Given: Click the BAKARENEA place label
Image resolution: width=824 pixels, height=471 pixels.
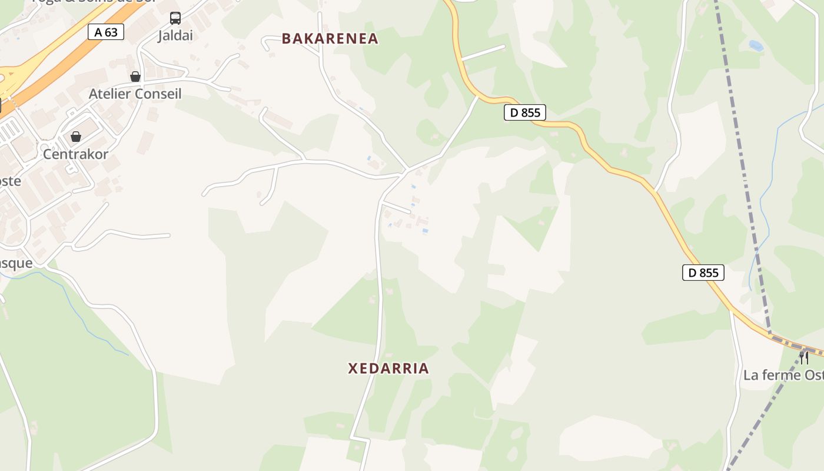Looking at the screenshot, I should [330, 39].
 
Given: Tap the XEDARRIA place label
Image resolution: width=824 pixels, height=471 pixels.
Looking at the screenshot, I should [388, 369].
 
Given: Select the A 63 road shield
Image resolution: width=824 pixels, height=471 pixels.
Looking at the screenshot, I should [106, 32].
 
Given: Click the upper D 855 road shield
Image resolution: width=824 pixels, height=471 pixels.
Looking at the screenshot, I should [525, 112].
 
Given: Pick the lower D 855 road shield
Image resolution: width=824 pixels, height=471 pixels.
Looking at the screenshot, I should [703, 273].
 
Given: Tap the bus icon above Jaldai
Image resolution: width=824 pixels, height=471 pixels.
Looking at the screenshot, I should [175, 18].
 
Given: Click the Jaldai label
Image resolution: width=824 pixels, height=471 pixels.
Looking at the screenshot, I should [175, 36].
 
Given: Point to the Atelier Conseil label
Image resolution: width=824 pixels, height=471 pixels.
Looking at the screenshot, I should [135, 94].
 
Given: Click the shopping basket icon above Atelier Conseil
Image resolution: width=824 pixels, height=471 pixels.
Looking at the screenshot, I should [135, 77].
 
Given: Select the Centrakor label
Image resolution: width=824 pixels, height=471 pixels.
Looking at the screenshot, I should [75, 154].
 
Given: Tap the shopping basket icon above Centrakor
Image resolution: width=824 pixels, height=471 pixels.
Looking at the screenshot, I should [76, 137].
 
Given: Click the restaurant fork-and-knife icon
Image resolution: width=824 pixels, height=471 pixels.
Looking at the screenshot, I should [804, 357].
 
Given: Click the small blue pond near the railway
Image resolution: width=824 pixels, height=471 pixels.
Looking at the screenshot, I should [755, 45].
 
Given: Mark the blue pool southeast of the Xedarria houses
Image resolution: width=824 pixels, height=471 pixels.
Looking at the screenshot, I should [425, 231].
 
